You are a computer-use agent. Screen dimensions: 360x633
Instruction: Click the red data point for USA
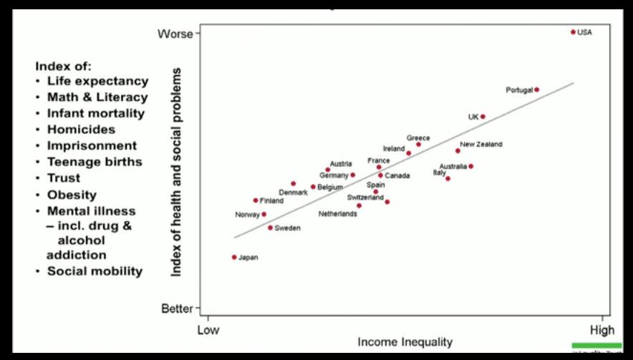573,32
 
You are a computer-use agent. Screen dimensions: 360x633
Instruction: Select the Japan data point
234,257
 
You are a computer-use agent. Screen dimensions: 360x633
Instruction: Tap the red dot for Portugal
536,89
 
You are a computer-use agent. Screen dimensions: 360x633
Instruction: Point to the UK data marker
483,116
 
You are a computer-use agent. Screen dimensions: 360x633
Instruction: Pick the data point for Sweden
270,228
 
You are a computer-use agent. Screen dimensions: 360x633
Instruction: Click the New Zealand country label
481,145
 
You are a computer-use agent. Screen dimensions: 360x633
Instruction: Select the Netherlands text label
337,214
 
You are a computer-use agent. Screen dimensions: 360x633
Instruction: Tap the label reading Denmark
293,193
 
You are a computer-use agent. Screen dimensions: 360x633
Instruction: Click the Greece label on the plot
418,138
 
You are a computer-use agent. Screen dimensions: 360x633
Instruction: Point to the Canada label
397,175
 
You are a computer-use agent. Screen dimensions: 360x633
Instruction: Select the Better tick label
177,309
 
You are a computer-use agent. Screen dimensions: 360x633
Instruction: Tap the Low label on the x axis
208,330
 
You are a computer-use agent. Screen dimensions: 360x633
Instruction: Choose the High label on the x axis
602,330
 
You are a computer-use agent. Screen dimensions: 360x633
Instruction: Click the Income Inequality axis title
405,342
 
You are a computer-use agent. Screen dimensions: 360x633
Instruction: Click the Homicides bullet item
81,130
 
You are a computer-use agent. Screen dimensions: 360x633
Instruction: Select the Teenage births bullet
95,162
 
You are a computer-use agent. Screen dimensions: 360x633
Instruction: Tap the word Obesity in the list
72,195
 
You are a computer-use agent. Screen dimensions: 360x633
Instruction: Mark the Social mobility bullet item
95,271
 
